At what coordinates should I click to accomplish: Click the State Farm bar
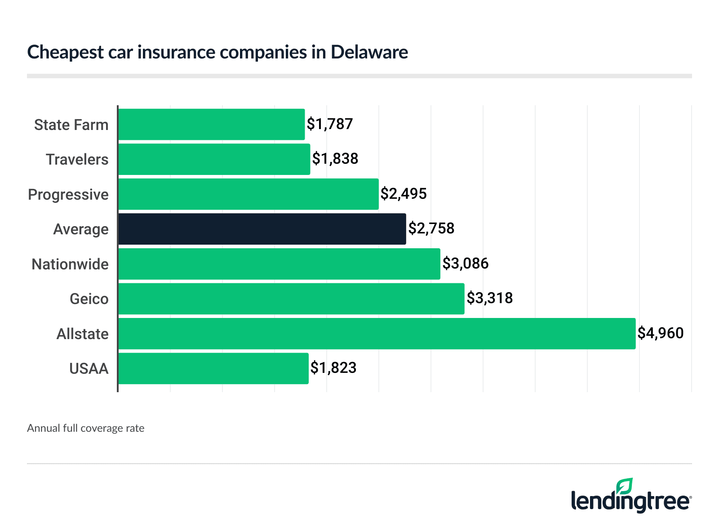pyautogui.click(x=211, y=124)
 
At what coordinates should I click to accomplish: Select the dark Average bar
pyautogui.click(x=262, y=229)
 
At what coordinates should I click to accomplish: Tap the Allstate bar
pyautogui.click(x=377, y=333)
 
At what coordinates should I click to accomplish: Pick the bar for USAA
pyautogui.click(x=213, y=368)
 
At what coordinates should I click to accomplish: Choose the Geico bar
pyautogui.click(x=291, y=299)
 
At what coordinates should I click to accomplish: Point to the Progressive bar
pyautogui.click(x=248, y=194)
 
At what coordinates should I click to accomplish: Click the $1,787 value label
pyautogui.click(x=330, y=124)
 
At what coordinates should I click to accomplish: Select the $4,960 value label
pyautogui.click(x=661, y=333)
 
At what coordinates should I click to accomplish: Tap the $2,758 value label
pyautogui.click(x=431, y=228)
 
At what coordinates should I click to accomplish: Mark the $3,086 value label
pyautogui.click(x=466, y=264)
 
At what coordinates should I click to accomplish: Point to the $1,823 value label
pyautogui.click(x=333, y=368)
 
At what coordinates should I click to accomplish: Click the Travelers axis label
pyautogui.click(x=77, y=159)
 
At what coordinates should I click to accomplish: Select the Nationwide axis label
pyautogui.click(x=70, y=264)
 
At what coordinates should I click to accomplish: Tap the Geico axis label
pyautogui.click(x=89, y=299)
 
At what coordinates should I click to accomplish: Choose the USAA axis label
pyautogui.click(x=89, y=368)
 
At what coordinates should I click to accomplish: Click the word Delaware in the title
pyautogui.click(x=369, y=52)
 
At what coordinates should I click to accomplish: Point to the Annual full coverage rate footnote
pyautogui.click(x=86, y=428)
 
